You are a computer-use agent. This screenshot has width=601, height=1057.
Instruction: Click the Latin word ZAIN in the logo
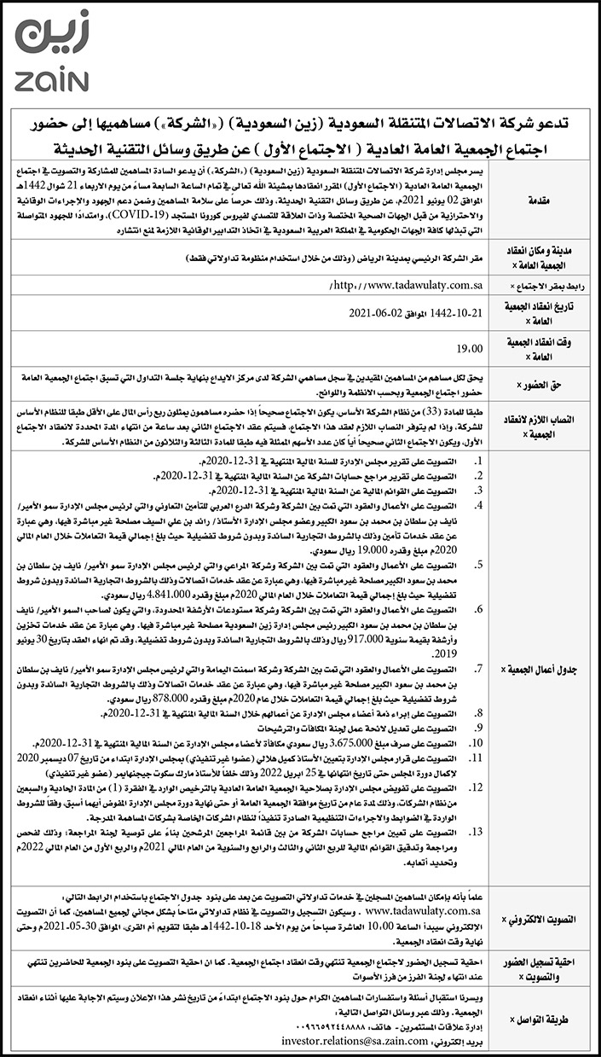pos(51,80)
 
